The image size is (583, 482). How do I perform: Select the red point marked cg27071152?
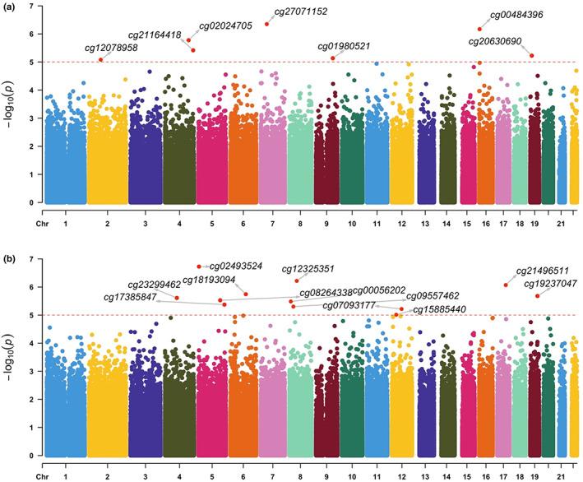267,24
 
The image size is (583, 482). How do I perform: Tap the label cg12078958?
111,49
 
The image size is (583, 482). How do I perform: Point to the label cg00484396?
516,15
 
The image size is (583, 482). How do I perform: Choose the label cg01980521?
344,46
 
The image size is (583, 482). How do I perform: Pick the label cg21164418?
155,35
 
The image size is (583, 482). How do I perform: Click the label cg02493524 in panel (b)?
236,266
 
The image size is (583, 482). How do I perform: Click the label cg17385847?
130,297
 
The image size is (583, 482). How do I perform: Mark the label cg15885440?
439,309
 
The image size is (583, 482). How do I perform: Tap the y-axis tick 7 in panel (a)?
31,7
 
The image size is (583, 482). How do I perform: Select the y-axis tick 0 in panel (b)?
31,455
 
